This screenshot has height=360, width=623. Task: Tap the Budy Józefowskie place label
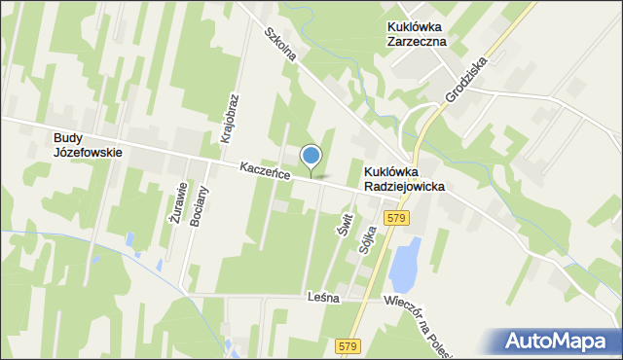point(88,145)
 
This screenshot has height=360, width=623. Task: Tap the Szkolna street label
point(280,45)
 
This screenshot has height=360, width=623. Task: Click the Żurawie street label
point(176,204)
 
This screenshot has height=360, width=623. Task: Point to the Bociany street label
point(199,205)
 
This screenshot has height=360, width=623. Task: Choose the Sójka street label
point(366,234)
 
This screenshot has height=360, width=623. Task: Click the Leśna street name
point(322,298)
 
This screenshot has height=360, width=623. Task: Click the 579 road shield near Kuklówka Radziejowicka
point(394,219)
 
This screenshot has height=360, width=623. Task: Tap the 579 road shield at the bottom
point(348,345)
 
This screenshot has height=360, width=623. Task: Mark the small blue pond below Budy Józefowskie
point(130,239)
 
